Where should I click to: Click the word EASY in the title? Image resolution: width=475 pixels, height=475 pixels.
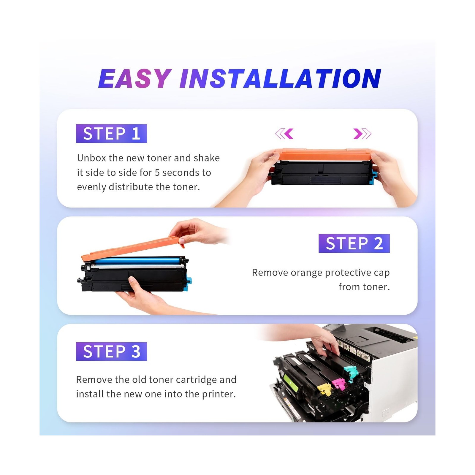[135, 78]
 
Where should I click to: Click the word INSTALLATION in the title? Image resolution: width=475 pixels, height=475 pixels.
[280, 78]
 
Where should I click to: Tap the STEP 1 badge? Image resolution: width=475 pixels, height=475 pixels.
[111, 134]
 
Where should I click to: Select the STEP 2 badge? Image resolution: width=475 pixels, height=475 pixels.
[354, 243]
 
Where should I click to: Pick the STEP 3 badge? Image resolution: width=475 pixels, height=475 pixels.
[111, 351]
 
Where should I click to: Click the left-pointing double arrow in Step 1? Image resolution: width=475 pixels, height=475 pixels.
[284, 134]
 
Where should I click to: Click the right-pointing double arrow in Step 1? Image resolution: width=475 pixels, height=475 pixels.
[362, 134]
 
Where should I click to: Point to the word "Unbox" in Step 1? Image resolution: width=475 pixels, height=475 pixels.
[91, 158]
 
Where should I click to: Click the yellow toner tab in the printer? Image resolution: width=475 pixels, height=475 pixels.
[324, 389]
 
